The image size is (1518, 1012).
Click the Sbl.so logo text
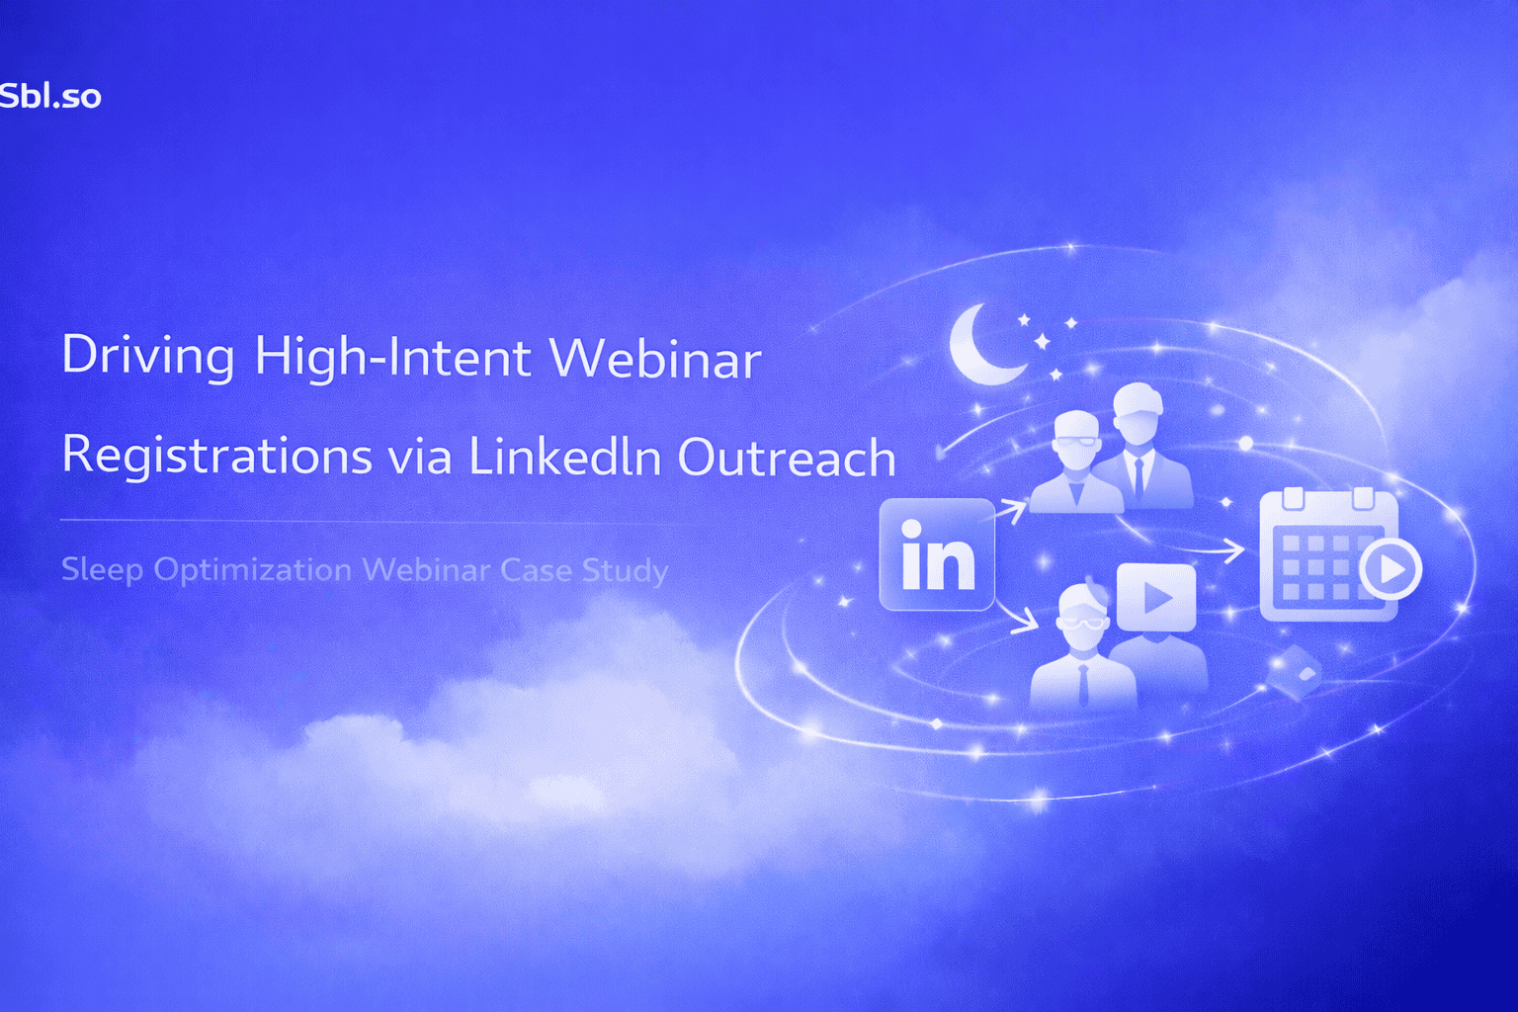click(49, 96)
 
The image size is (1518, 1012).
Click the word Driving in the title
click(148, 356)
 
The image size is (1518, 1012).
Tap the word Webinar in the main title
click(655, 357)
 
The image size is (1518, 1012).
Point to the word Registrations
click(216, 456)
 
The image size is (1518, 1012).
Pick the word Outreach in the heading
click(787, 457)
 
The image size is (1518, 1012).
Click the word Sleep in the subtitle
click(102, 570)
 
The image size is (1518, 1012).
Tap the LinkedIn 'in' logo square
click(936, 554)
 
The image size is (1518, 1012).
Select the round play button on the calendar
click(1391, 568)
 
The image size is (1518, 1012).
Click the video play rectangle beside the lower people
click(1156, 597)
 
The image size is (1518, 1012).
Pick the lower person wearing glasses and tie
click(1082, 652)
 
